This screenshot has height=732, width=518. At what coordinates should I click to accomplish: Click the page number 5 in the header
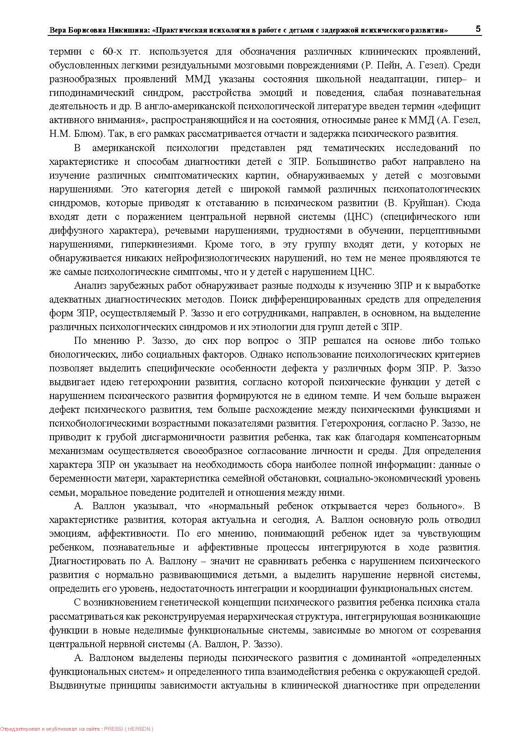pos(478,29)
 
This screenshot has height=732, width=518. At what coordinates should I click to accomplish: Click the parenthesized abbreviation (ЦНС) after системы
pos(358,217)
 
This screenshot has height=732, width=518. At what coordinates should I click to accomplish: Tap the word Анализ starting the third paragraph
pos(90,285)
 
